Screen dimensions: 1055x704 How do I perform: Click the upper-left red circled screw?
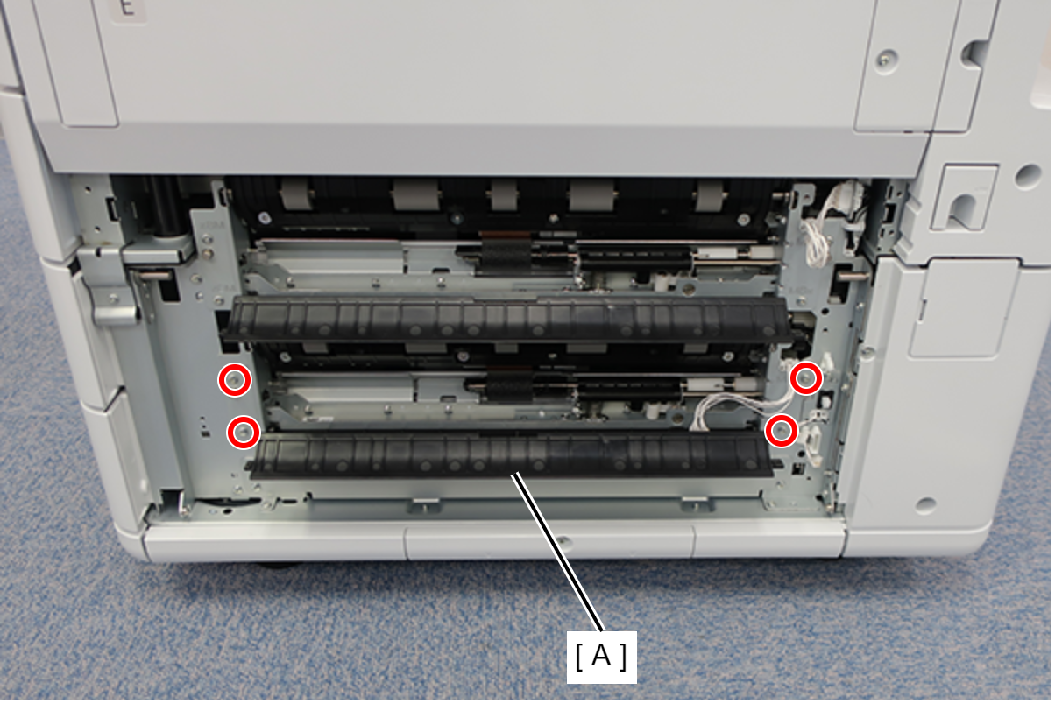pyautogui.click(x=235, y=380)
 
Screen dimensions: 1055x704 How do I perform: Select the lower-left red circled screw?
pyautogui.click(x=244, y=432)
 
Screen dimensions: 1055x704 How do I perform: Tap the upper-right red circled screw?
pyautogui.click(x=806, y=378)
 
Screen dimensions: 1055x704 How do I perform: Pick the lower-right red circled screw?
pyautogui.click(x=782, y=431)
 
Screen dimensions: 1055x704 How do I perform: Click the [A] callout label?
pyautogui.click(x=601, y=657)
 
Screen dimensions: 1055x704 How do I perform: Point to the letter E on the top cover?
pyautogui.click(x=127, y=7)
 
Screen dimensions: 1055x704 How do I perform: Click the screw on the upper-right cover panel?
pyautogui.click(x=885, y=60)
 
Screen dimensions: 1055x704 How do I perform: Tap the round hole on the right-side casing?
pyautogui.click(x=1028, y=175)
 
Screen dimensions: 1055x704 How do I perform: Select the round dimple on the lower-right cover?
pyautogui.click(x=926, y=505)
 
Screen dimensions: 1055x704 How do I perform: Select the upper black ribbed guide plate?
pyautogui.click(x=506, y=319)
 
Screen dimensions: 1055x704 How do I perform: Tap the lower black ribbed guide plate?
pyautogui.click(x=512, y=456)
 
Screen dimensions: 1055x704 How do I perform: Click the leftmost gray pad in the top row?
pyautogui.click(x=298, y=194)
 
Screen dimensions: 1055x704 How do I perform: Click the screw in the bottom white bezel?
pyautogui.click(x=564, y=543)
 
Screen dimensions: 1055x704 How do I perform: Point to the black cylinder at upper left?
pyautogui.click(x=166, y=206)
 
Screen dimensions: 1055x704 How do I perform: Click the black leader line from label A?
pyautogui.click(x=558, y=552)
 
